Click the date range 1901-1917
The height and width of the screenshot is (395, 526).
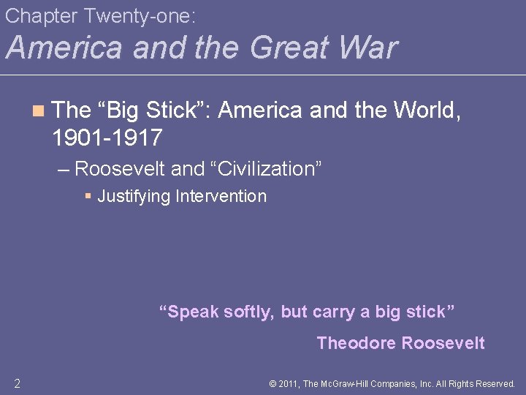click(107, 137)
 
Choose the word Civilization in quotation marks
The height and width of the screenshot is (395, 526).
click(265, 169)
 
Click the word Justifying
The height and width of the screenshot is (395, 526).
click(134, 196)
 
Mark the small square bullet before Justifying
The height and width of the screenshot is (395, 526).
click(88, 196)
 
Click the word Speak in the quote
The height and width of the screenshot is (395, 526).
click(193, 312)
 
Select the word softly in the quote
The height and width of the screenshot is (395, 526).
click(250, 312)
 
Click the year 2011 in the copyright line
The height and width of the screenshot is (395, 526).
click(290, 383)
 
